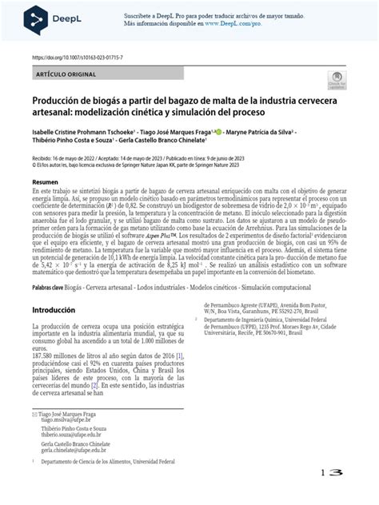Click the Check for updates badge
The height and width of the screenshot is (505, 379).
(336, 80)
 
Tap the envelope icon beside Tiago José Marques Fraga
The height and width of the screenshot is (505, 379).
(34, 413)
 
